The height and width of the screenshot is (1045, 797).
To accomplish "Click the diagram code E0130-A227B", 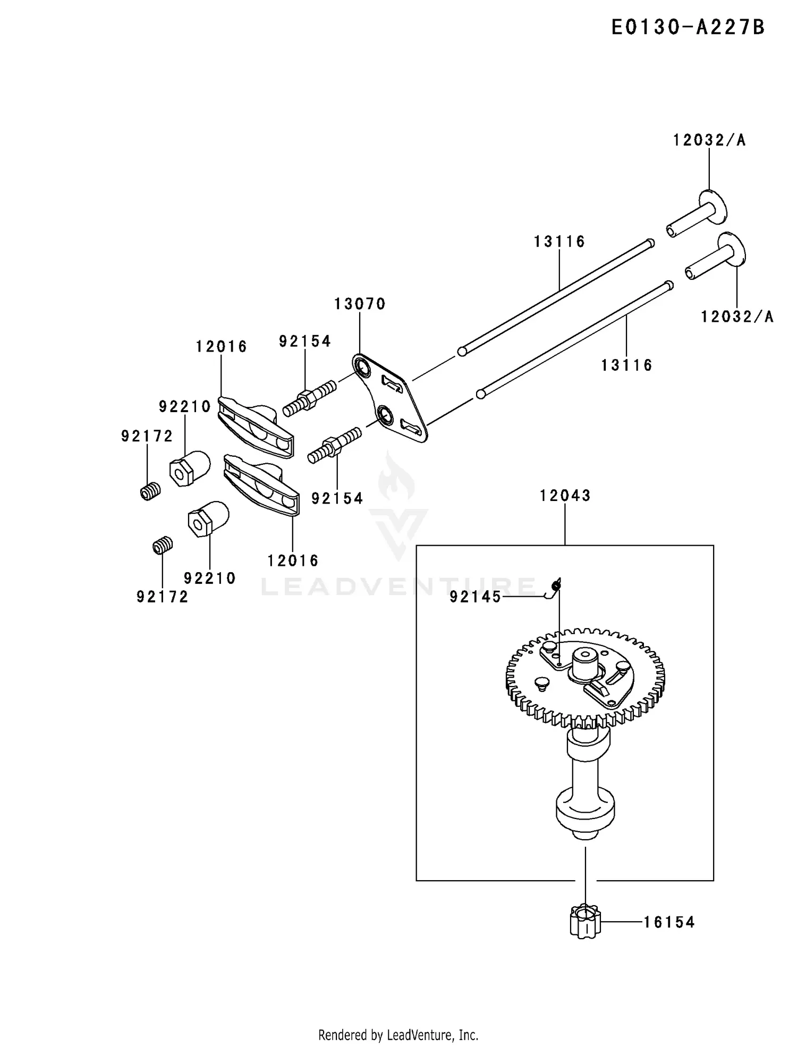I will (688, 27).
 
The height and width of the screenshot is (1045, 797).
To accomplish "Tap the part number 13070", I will (360, 304).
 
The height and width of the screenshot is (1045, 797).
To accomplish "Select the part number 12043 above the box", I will (565, 496).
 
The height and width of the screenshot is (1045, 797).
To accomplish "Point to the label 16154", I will (669, 922).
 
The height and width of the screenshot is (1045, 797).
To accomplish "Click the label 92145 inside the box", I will (475, 597).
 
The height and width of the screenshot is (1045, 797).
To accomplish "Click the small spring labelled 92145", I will (556, 586).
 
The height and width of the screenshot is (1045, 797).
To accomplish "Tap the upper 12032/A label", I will (709, 140).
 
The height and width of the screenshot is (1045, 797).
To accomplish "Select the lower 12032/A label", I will (737, 317).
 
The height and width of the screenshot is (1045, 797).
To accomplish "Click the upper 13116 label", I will (559, 242).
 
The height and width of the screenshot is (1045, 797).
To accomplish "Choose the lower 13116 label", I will (626, 365).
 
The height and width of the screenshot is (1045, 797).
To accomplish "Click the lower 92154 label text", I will (337, 498).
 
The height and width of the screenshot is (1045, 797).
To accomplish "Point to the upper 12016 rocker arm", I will (255, 425).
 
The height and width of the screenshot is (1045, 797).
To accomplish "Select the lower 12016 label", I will (293, 561).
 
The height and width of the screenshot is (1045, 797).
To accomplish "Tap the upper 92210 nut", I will (189, 467).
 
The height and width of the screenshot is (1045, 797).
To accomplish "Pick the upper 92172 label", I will (147, 437).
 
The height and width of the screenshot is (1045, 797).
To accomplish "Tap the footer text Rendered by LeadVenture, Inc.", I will (398, 1035).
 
